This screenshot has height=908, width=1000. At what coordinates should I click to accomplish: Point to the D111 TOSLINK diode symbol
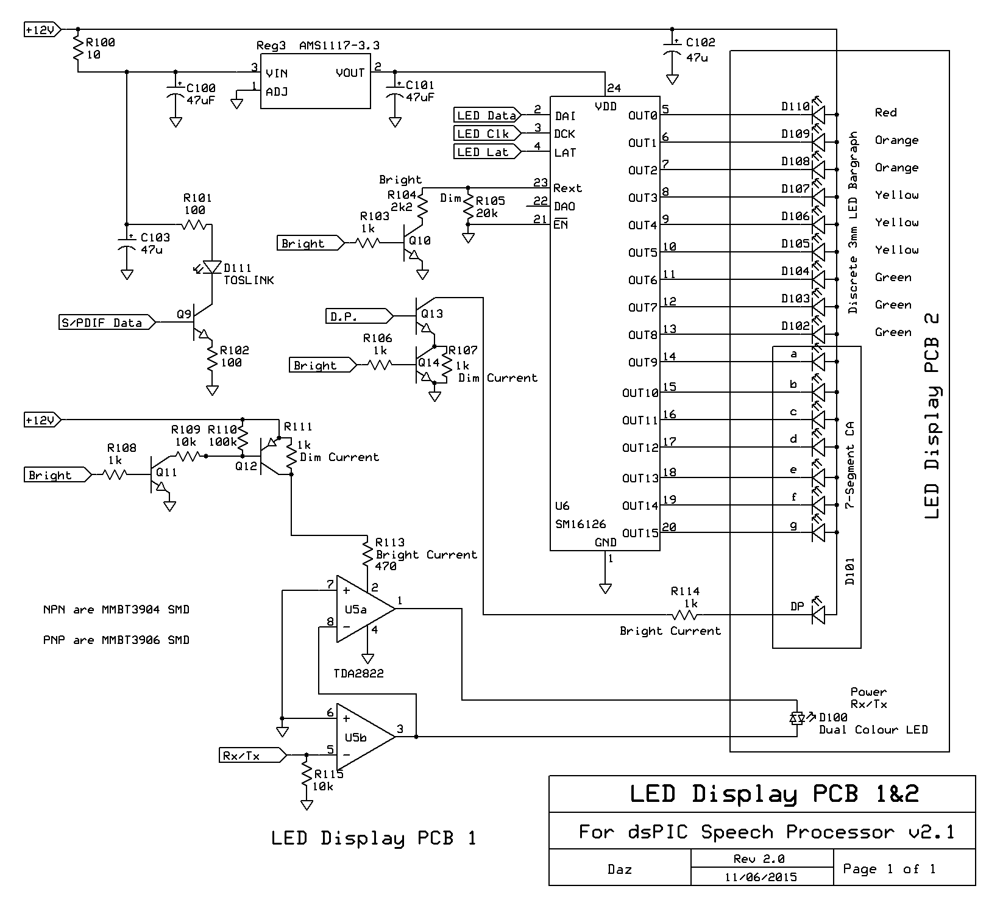[x=212, y=268]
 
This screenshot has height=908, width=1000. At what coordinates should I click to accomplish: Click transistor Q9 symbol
[x=198, y=323]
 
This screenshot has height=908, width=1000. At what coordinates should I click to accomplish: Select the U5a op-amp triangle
[x=364, y=608]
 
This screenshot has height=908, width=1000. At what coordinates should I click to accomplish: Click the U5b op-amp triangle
[x=364, y=737]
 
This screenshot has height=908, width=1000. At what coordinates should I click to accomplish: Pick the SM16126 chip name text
[x=580, y=524]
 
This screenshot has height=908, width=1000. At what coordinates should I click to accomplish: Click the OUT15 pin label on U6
[x=640, y=533]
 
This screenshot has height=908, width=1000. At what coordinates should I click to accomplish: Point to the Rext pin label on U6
[x=567, y=188]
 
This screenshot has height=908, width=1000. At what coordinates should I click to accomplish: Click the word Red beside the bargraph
[x=885, y=112]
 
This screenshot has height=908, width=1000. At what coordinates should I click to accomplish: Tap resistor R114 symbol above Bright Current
[x=686, y=615]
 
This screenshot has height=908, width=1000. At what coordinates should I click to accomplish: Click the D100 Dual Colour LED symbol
[x=796, y=718]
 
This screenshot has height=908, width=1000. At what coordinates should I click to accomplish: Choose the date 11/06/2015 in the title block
[x=761, y=877]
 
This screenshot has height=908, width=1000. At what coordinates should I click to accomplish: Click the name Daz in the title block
[x=619, y=869]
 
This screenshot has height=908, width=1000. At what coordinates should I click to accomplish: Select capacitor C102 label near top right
[x=700, y=43]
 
